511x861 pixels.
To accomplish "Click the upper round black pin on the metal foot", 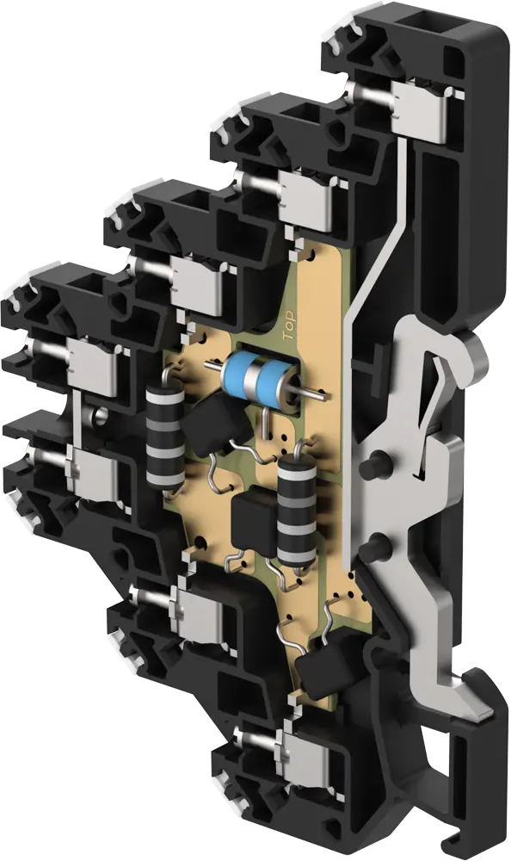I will coord(375,466).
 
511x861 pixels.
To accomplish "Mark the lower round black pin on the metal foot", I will coord(376,543).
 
